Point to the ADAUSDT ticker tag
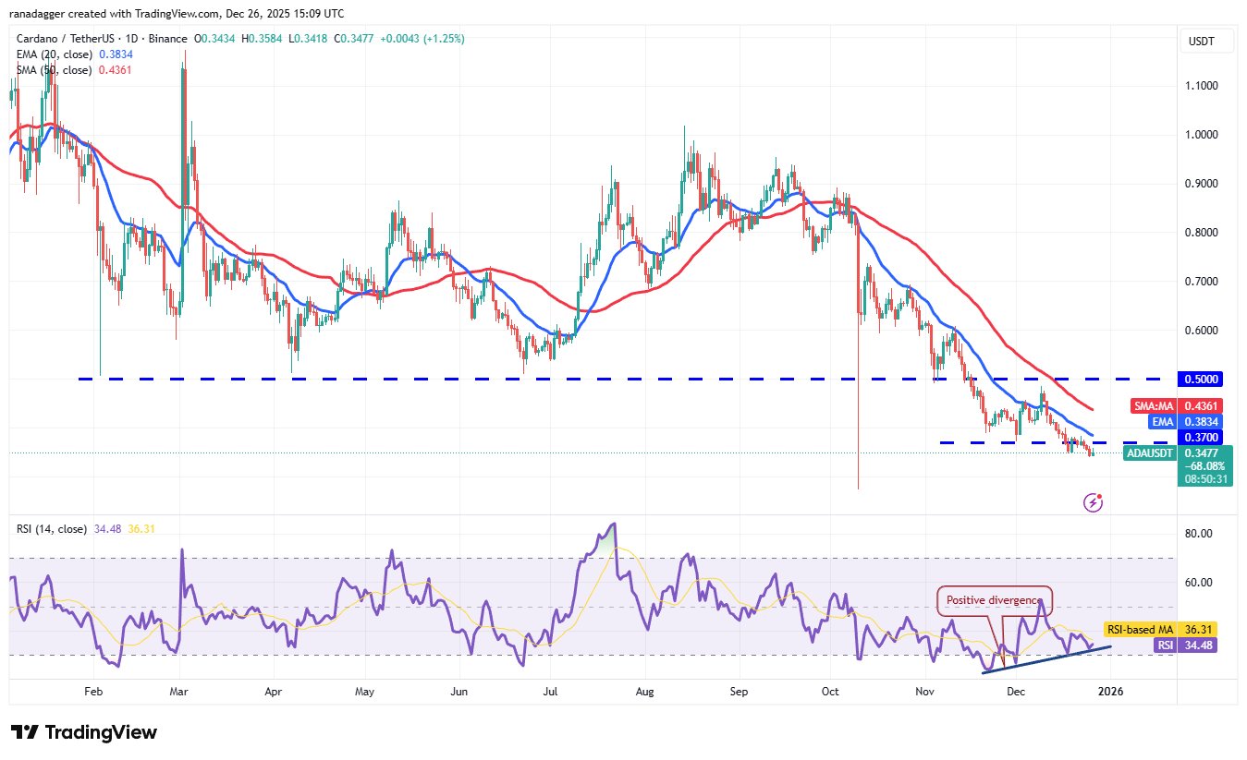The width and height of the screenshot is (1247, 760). [1150, 452]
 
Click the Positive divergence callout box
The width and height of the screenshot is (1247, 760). [995, 600]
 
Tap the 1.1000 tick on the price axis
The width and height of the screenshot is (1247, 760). [1203, 86]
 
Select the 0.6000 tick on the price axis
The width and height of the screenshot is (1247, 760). [1203, 331]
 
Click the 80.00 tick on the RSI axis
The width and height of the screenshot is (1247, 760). [1199, 534]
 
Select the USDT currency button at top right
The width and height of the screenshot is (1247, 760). [1203, 42]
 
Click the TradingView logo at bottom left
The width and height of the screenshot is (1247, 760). [84, 732]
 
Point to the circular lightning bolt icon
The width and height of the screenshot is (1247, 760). [1094, 502]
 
